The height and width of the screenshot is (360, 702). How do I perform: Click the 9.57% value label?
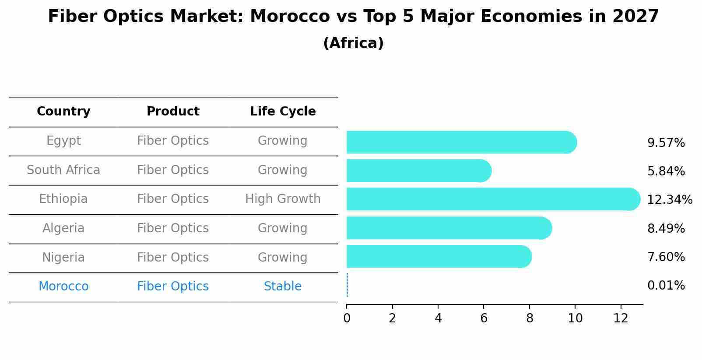[666, 143]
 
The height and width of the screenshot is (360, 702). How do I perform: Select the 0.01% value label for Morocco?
[666, 286]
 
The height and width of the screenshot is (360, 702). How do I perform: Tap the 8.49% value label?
[666, 228]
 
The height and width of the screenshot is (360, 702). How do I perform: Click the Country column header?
[63, 112]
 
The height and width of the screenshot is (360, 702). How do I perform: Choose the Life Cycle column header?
[283, 112]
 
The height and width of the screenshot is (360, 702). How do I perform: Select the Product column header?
[173, 112]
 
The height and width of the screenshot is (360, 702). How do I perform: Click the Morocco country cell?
[63, 287]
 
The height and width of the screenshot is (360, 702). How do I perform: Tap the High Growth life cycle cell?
[283, 199]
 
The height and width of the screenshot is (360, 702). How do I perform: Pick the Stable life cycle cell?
[283, 287]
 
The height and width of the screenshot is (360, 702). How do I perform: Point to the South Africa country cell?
[63, 170]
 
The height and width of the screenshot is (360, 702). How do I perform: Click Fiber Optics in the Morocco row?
[173, 287]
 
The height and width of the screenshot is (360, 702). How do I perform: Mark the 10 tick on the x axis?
[575, 318]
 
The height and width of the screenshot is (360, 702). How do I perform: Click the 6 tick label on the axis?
[484, 318]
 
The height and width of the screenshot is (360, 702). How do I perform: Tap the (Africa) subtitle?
[353, 43]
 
